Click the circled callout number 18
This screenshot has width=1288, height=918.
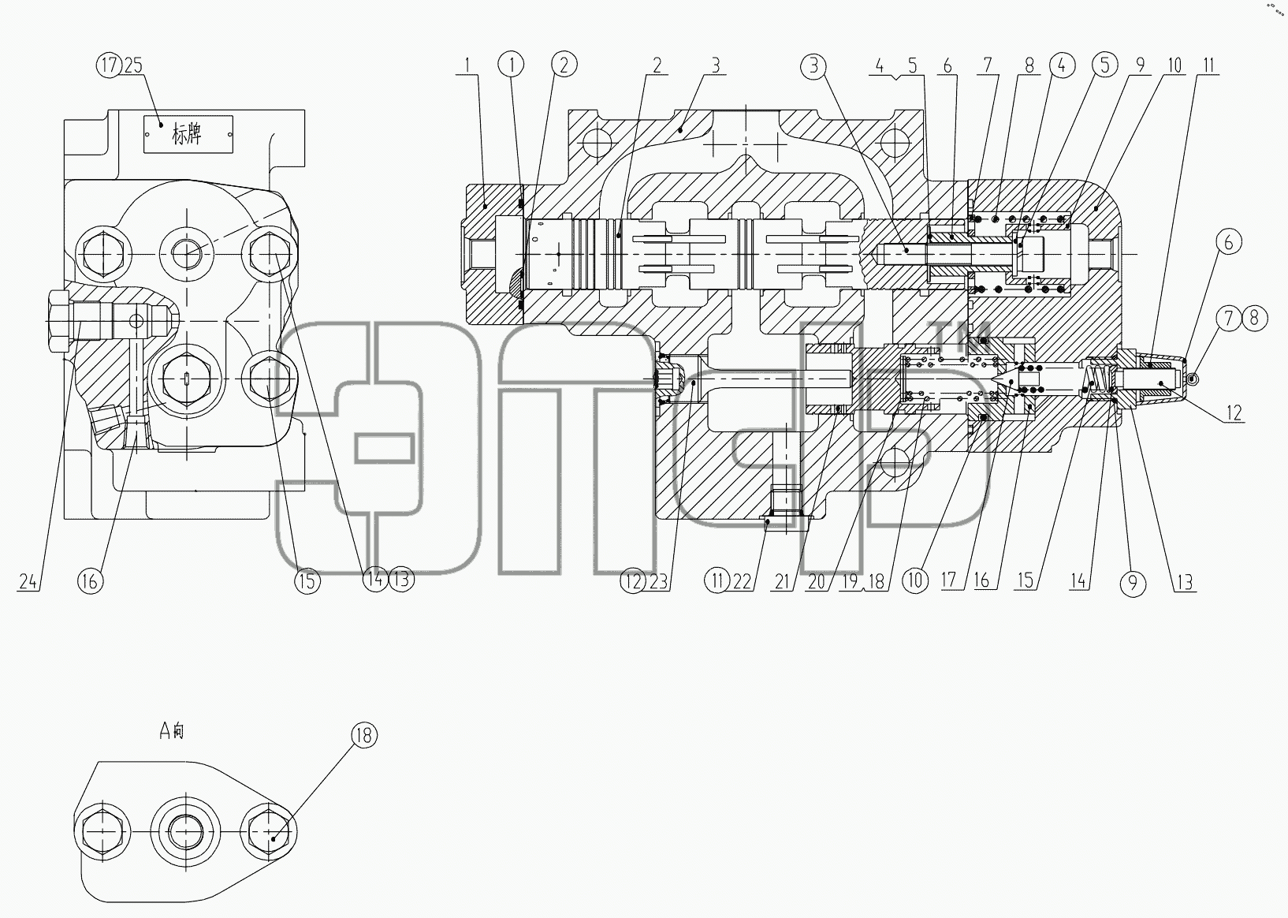click(x=364, y=735)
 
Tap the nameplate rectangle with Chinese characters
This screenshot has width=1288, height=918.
click(x=188, y=135)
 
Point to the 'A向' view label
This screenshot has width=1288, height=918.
click(x=171, y=731)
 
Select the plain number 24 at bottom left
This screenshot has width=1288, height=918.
click(x=28, y=582)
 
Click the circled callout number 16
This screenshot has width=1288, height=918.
click(x=91, y=581)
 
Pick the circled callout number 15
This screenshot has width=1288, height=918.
click(x=307, y=581)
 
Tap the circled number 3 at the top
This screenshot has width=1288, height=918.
click(x=813, y=66)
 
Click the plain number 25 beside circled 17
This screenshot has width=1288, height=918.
click(x=133, y=65)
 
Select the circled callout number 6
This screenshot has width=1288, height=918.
click(x=1229, y=241)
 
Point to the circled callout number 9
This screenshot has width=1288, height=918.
click(x=1134, y=584)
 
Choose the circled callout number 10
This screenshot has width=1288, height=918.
click(x=915, y=580)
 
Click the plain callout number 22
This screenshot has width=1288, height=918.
click(x=742, y=582)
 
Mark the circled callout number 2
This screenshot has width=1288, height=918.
click(x=564, y=65)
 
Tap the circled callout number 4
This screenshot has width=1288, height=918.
click(x=1062, y=65)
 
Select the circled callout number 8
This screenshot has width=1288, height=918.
click(x=1254, y=318)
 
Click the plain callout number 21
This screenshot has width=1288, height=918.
click(x=782, y=582)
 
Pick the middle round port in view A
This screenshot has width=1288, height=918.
click(x=186, y=832)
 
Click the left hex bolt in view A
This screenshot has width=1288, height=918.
click(x=102, y=832)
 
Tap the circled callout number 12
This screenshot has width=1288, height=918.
click(x=633, y=581)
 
